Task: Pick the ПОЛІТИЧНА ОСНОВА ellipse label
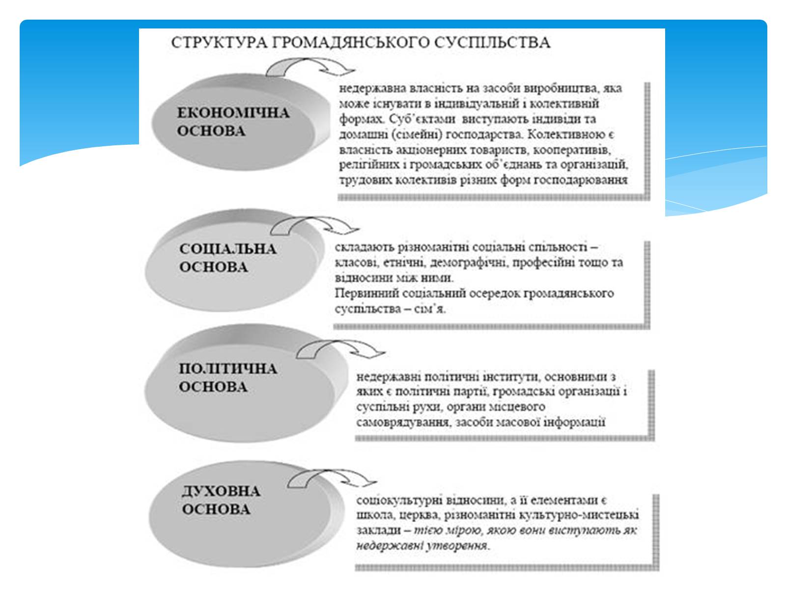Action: [227, 377]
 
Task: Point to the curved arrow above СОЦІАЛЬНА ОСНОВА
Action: [315, 226]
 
